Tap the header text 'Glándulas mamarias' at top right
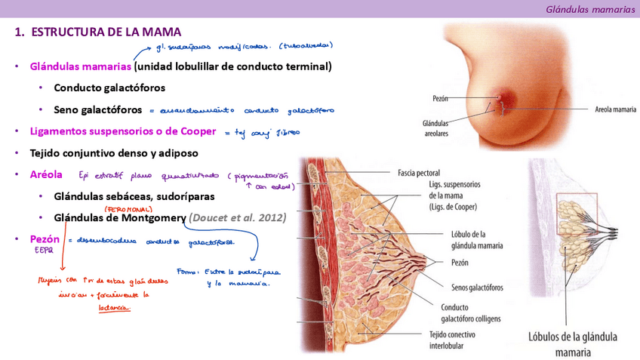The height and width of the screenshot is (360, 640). (x=590, y=9)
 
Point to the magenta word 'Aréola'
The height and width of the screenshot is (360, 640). (x=46, y=174)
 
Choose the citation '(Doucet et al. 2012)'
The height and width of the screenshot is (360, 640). (x=238, y=217)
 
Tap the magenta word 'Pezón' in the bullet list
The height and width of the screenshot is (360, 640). (x=45, y=239)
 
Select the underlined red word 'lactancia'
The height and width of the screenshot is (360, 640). (x=115, y=307)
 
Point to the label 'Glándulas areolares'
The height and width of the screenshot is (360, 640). (x=435, y=128)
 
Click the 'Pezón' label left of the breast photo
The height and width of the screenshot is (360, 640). (x=441, y=98)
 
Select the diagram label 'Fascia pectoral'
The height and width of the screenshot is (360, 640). (x=419, y=173)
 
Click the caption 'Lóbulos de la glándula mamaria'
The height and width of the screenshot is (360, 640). (x=573, y=343)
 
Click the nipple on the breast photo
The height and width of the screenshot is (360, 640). (x=500, y=98)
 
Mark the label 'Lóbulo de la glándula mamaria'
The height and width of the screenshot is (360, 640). (x=477, y=240)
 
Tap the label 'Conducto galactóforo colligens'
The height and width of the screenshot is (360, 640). (x=472, y=312)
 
